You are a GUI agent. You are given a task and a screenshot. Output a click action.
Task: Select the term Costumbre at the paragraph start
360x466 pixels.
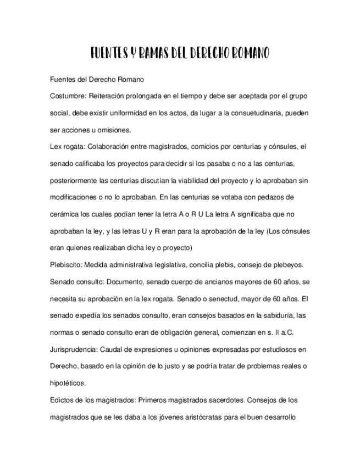coord(67,96)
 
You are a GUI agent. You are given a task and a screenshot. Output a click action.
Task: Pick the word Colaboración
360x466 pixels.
coord(107,147)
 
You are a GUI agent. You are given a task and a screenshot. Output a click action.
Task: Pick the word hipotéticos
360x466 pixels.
coord(68,384)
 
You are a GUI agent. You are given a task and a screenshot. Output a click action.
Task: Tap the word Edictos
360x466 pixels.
coord(62,401)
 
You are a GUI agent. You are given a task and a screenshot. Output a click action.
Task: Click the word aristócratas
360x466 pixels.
coord(199,417)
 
